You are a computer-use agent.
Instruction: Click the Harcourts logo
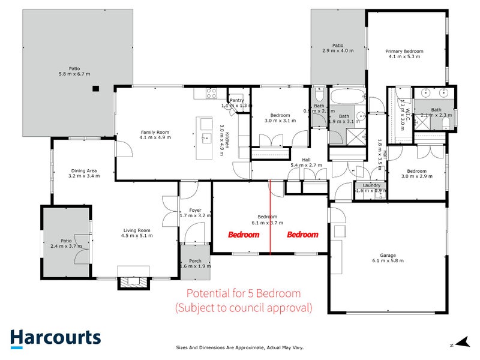(56, 337)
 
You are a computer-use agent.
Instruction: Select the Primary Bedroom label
(406, 52)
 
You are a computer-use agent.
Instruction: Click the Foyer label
(195, 211)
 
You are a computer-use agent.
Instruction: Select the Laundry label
(371, 185)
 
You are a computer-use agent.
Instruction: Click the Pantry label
(236, 100)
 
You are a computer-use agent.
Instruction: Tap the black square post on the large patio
(95, 89)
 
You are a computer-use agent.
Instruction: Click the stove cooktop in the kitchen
(211, 94)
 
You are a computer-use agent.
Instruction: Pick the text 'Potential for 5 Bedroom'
(243, 293)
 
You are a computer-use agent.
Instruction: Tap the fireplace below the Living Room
(132, 282)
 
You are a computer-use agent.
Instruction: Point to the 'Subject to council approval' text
(243, 308)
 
